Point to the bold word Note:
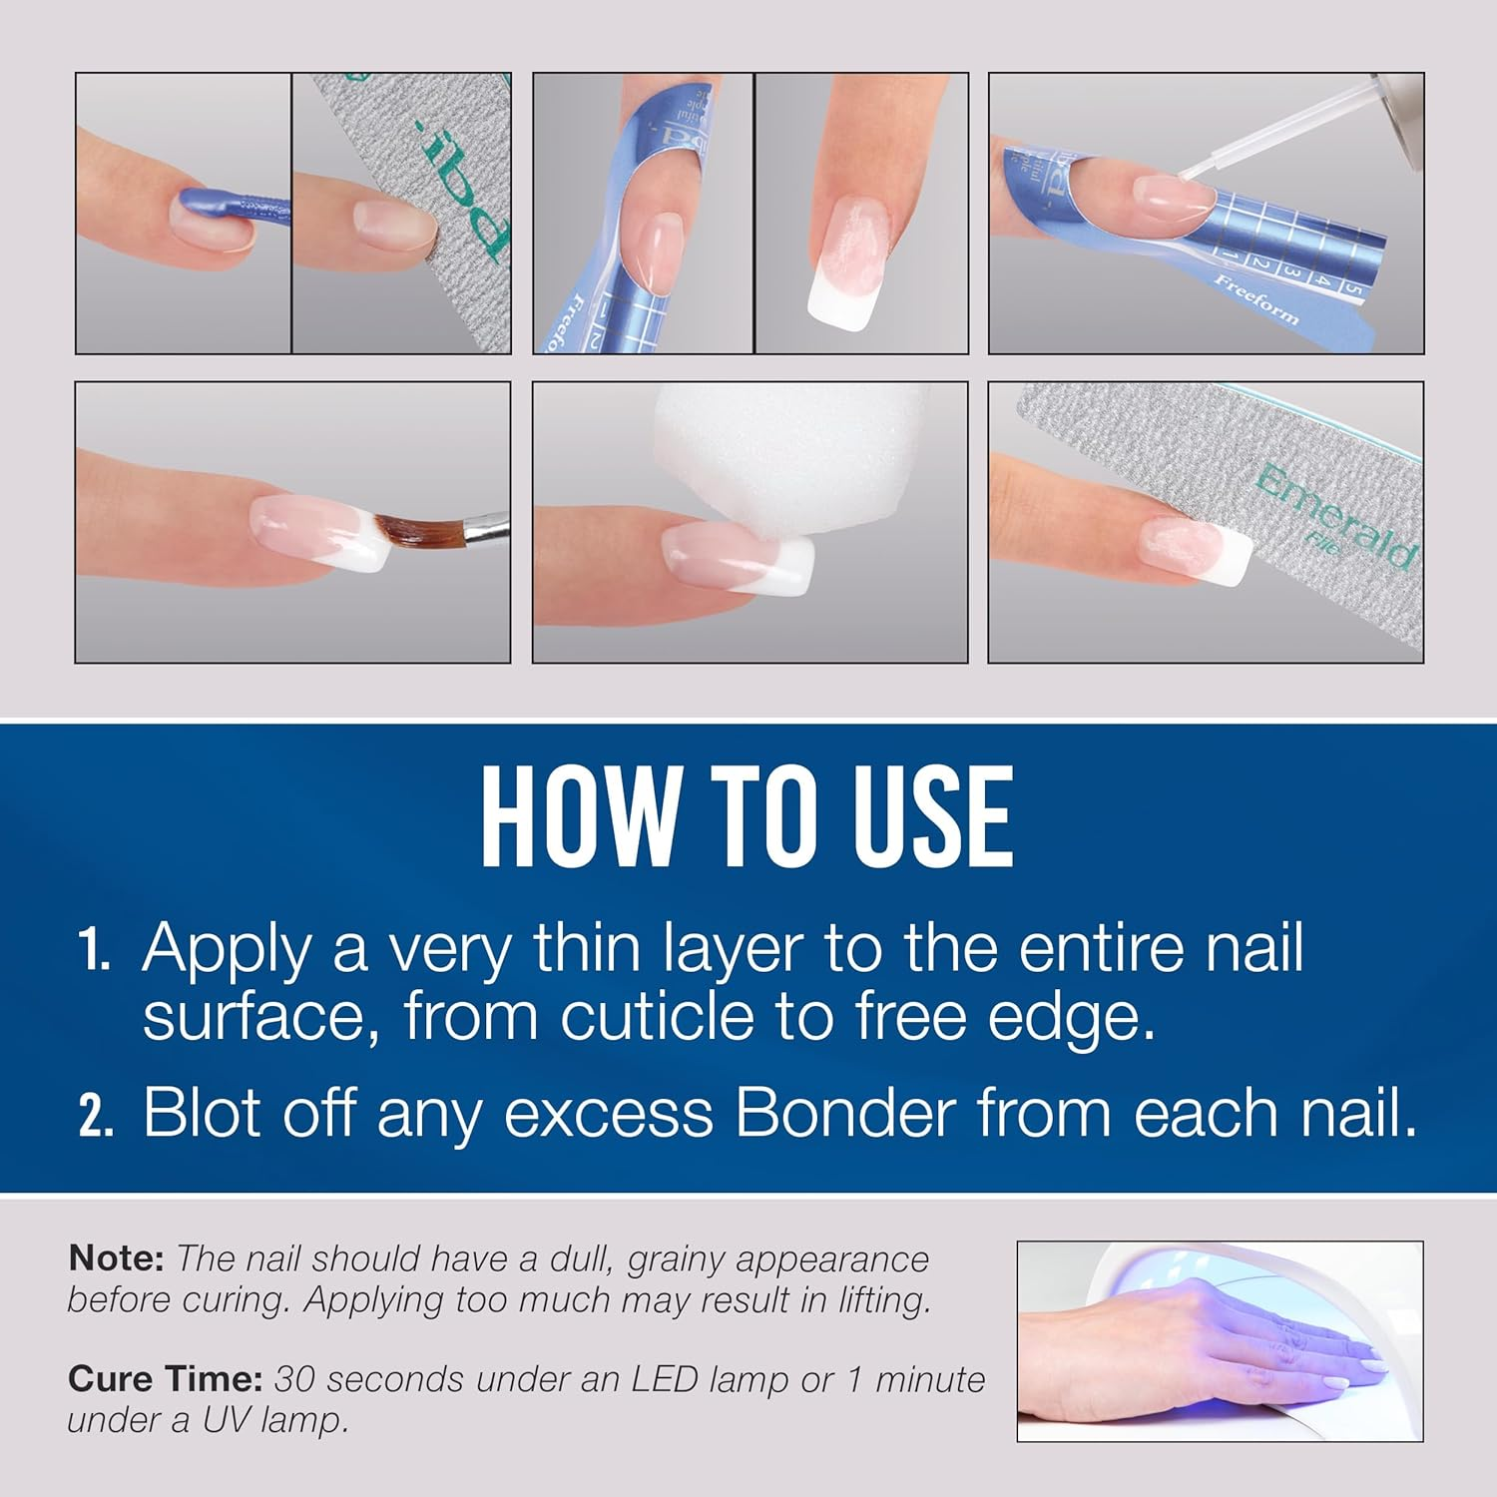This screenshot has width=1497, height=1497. point(116,1258)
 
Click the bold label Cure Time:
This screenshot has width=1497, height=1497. point(165,1379)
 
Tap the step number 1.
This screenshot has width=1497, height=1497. point(96,950)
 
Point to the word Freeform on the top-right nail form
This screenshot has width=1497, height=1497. point(1256,299)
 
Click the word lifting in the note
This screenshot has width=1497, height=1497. point(875,1300)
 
